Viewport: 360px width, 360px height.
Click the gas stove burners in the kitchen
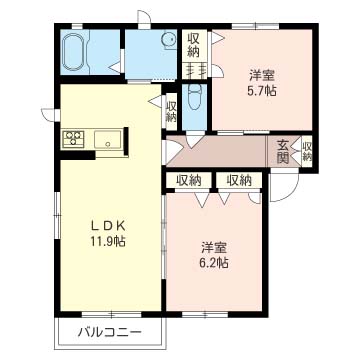click(x=75, y=139)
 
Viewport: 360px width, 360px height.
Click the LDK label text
click(x=111, y=223)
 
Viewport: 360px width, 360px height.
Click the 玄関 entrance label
click(x=283, y=151)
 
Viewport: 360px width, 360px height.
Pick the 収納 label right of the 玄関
click(x=307, y=151)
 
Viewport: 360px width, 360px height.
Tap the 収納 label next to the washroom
click(x=193, y=44)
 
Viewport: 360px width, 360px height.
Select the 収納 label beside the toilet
click(x=172, y=112)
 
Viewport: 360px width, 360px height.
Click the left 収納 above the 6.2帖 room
click(x=189, y=180)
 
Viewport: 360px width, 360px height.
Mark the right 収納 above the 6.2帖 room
click(x=239, y=180)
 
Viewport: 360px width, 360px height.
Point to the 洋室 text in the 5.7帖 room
click(x=263, y=72)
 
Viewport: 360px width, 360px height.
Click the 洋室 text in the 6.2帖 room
click(x=213, y=246)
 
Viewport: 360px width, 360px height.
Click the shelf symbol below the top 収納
click(x=193, y=69)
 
